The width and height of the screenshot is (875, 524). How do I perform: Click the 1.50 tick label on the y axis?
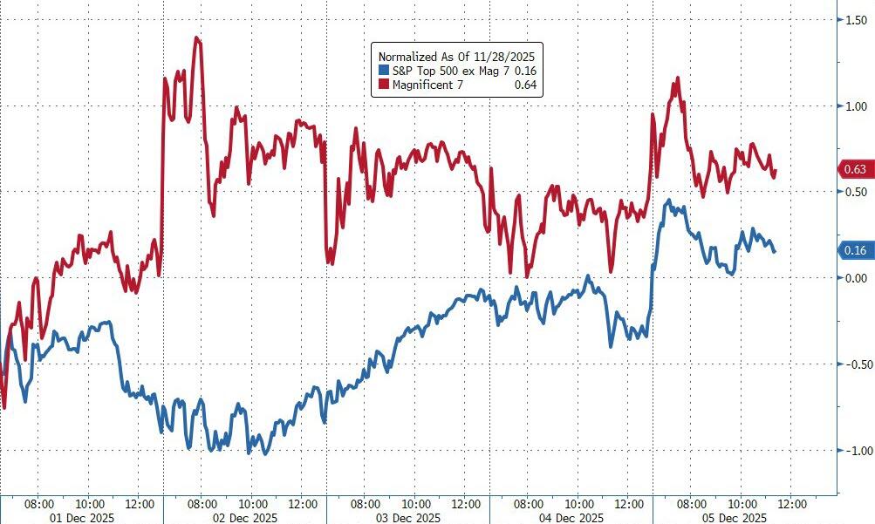click(857, 19)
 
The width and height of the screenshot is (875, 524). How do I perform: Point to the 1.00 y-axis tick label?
click(857, 105)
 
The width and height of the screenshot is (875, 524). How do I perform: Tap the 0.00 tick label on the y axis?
click(857, 277)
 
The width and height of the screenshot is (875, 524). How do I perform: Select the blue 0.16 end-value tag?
click(855, 251)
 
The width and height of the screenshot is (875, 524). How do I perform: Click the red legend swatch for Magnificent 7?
click(382, 85)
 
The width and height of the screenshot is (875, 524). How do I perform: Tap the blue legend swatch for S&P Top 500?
click(382, 70)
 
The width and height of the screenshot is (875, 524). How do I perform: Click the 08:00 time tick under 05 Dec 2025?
click(692, 503)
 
